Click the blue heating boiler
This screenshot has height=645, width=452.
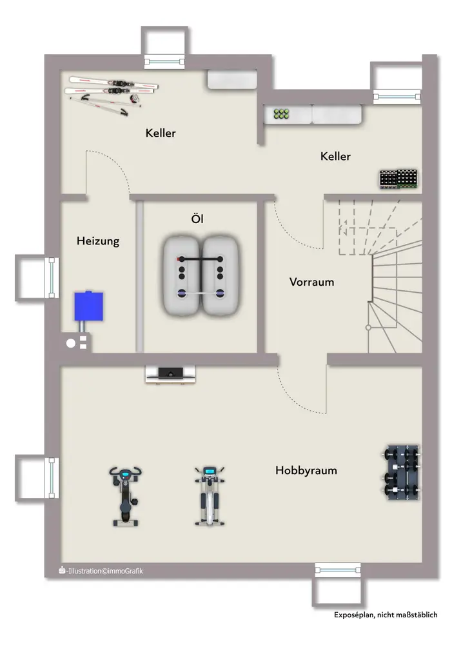[88, 306]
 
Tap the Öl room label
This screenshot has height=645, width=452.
[197, 219]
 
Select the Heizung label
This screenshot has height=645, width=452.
[98, 241]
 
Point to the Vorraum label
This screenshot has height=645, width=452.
[311, 282]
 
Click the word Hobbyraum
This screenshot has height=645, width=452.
[306, 470]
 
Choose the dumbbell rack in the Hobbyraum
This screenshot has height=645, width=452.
[400, 472]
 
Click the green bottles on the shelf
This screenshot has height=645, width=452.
[281, 114]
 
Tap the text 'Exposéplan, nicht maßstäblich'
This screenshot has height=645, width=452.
[385, 615]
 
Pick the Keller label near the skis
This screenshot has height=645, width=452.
[161, 134]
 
